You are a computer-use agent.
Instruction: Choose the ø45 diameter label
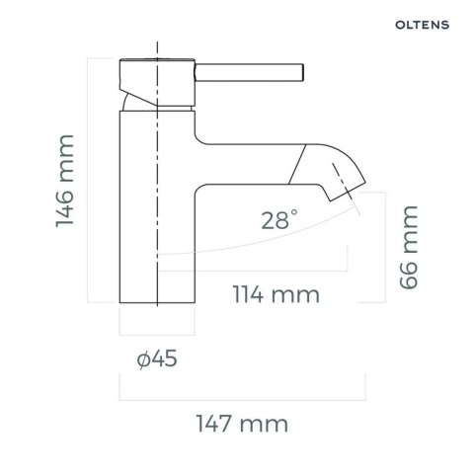(x=157, y=359)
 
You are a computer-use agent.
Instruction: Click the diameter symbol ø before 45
(x=144, y=360)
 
